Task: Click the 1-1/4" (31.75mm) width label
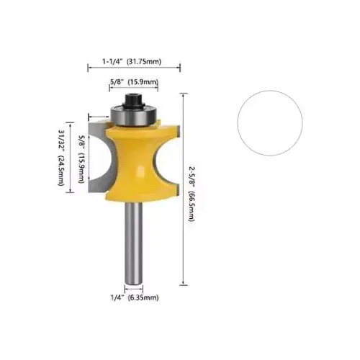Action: [x=132, y=61]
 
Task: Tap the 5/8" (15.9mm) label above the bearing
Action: [x=134, y=82]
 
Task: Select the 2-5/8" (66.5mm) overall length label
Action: [x=192, y=194]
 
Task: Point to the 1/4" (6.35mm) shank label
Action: [x=135, y=297]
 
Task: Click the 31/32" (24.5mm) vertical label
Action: [x=61, y=158]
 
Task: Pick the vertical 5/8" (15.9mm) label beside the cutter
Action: [x=82, y=159]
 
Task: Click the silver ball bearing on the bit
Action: [x=133, y=116]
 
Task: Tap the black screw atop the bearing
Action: [x=133, y=100]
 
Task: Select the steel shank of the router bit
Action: [x=133, y=243]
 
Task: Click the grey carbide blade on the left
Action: [x=99, y=157]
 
